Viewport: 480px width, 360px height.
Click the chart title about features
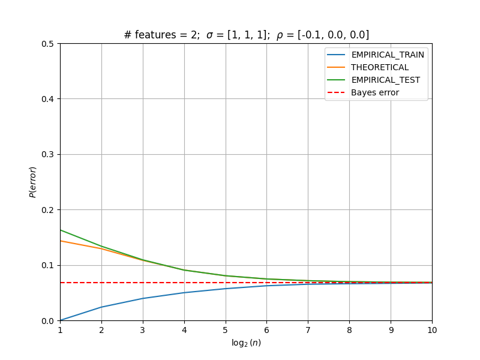click(247, 35)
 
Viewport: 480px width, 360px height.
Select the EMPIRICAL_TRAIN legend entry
click(376, 55)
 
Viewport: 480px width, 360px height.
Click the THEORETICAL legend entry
click(368, 67)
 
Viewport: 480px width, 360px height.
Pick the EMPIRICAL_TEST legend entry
click(373, 80)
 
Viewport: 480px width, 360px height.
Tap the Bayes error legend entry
click(363, 92)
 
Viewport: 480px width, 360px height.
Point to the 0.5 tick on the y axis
click(47, 44)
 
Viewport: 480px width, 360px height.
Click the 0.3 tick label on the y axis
click(47, 155)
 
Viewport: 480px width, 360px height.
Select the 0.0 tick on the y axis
click(47, 321)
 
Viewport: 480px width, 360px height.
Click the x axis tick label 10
click(432, 330)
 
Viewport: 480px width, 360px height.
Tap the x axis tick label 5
click(226, 330)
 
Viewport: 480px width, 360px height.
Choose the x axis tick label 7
click(308, 330)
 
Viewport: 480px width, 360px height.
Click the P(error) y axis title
click(33, 182)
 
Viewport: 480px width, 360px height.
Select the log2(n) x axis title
click(247, 343)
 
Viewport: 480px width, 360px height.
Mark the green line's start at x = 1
click(61, 230)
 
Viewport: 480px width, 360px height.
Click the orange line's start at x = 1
click(61, 241)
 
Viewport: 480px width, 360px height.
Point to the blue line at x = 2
click(101, 307)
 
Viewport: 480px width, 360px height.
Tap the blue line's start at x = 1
click(61, 320)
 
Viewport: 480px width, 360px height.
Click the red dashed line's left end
click(61, 283)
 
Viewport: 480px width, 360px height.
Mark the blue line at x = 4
click(184, 293)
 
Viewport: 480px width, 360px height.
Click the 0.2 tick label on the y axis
click(47, 210)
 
